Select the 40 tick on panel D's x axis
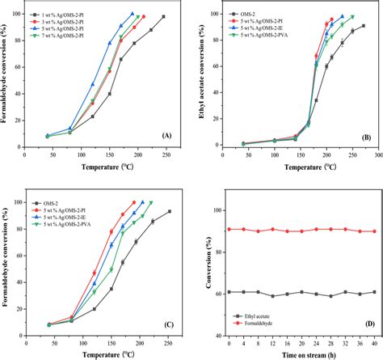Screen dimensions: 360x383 pyautogui.click(x=373, y=343)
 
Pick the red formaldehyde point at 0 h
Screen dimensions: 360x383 pyautogui.click(x=230, y=229)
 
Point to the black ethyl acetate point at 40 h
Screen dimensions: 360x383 pyautogui.click(x=373, y=292)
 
